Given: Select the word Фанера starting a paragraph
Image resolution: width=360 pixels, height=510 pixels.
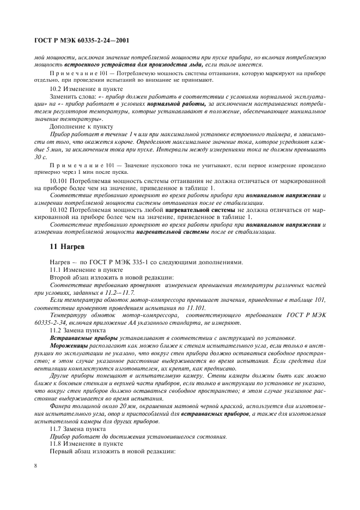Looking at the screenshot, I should [x=60, y=391].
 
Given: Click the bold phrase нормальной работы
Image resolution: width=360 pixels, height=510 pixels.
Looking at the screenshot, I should [x=182, y=104].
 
